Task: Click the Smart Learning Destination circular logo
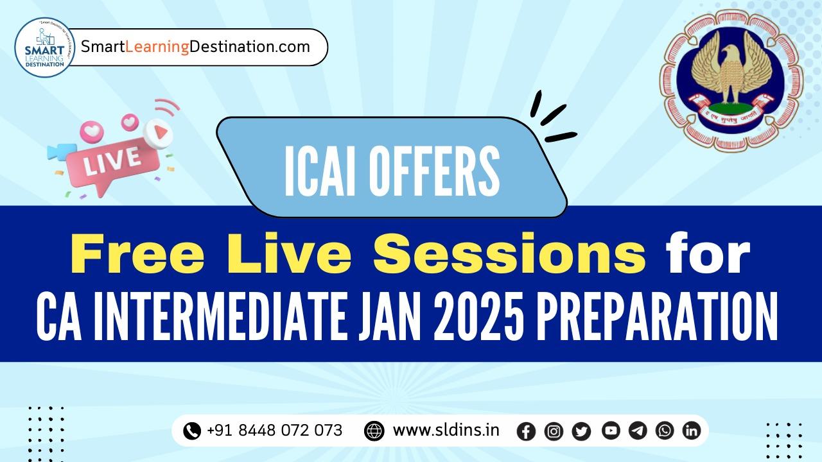pyautogui.click(x=44, y=47)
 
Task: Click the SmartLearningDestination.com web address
pyautogui.click(x=195, y=47)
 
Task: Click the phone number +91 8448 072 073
pyautogui.click(x=274, y=430)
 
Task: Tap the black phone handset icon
pyautogui.click(x=192, y=431)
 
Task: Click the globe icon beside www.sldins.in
pyautogui.click(x=374, y=431)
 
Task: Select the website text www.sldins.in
pyautogui.click(x=446, y=430)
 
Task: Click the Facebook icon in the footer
pyautogui.click(x=526, y=431)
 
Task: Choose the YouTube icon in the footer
pyautogui.click(x=611, y=431)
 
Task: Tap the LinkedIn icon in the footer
pyautogui.click(x=691, y=431)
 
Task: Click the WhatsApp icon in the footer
pyautogui.click(x=665, y=431)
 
